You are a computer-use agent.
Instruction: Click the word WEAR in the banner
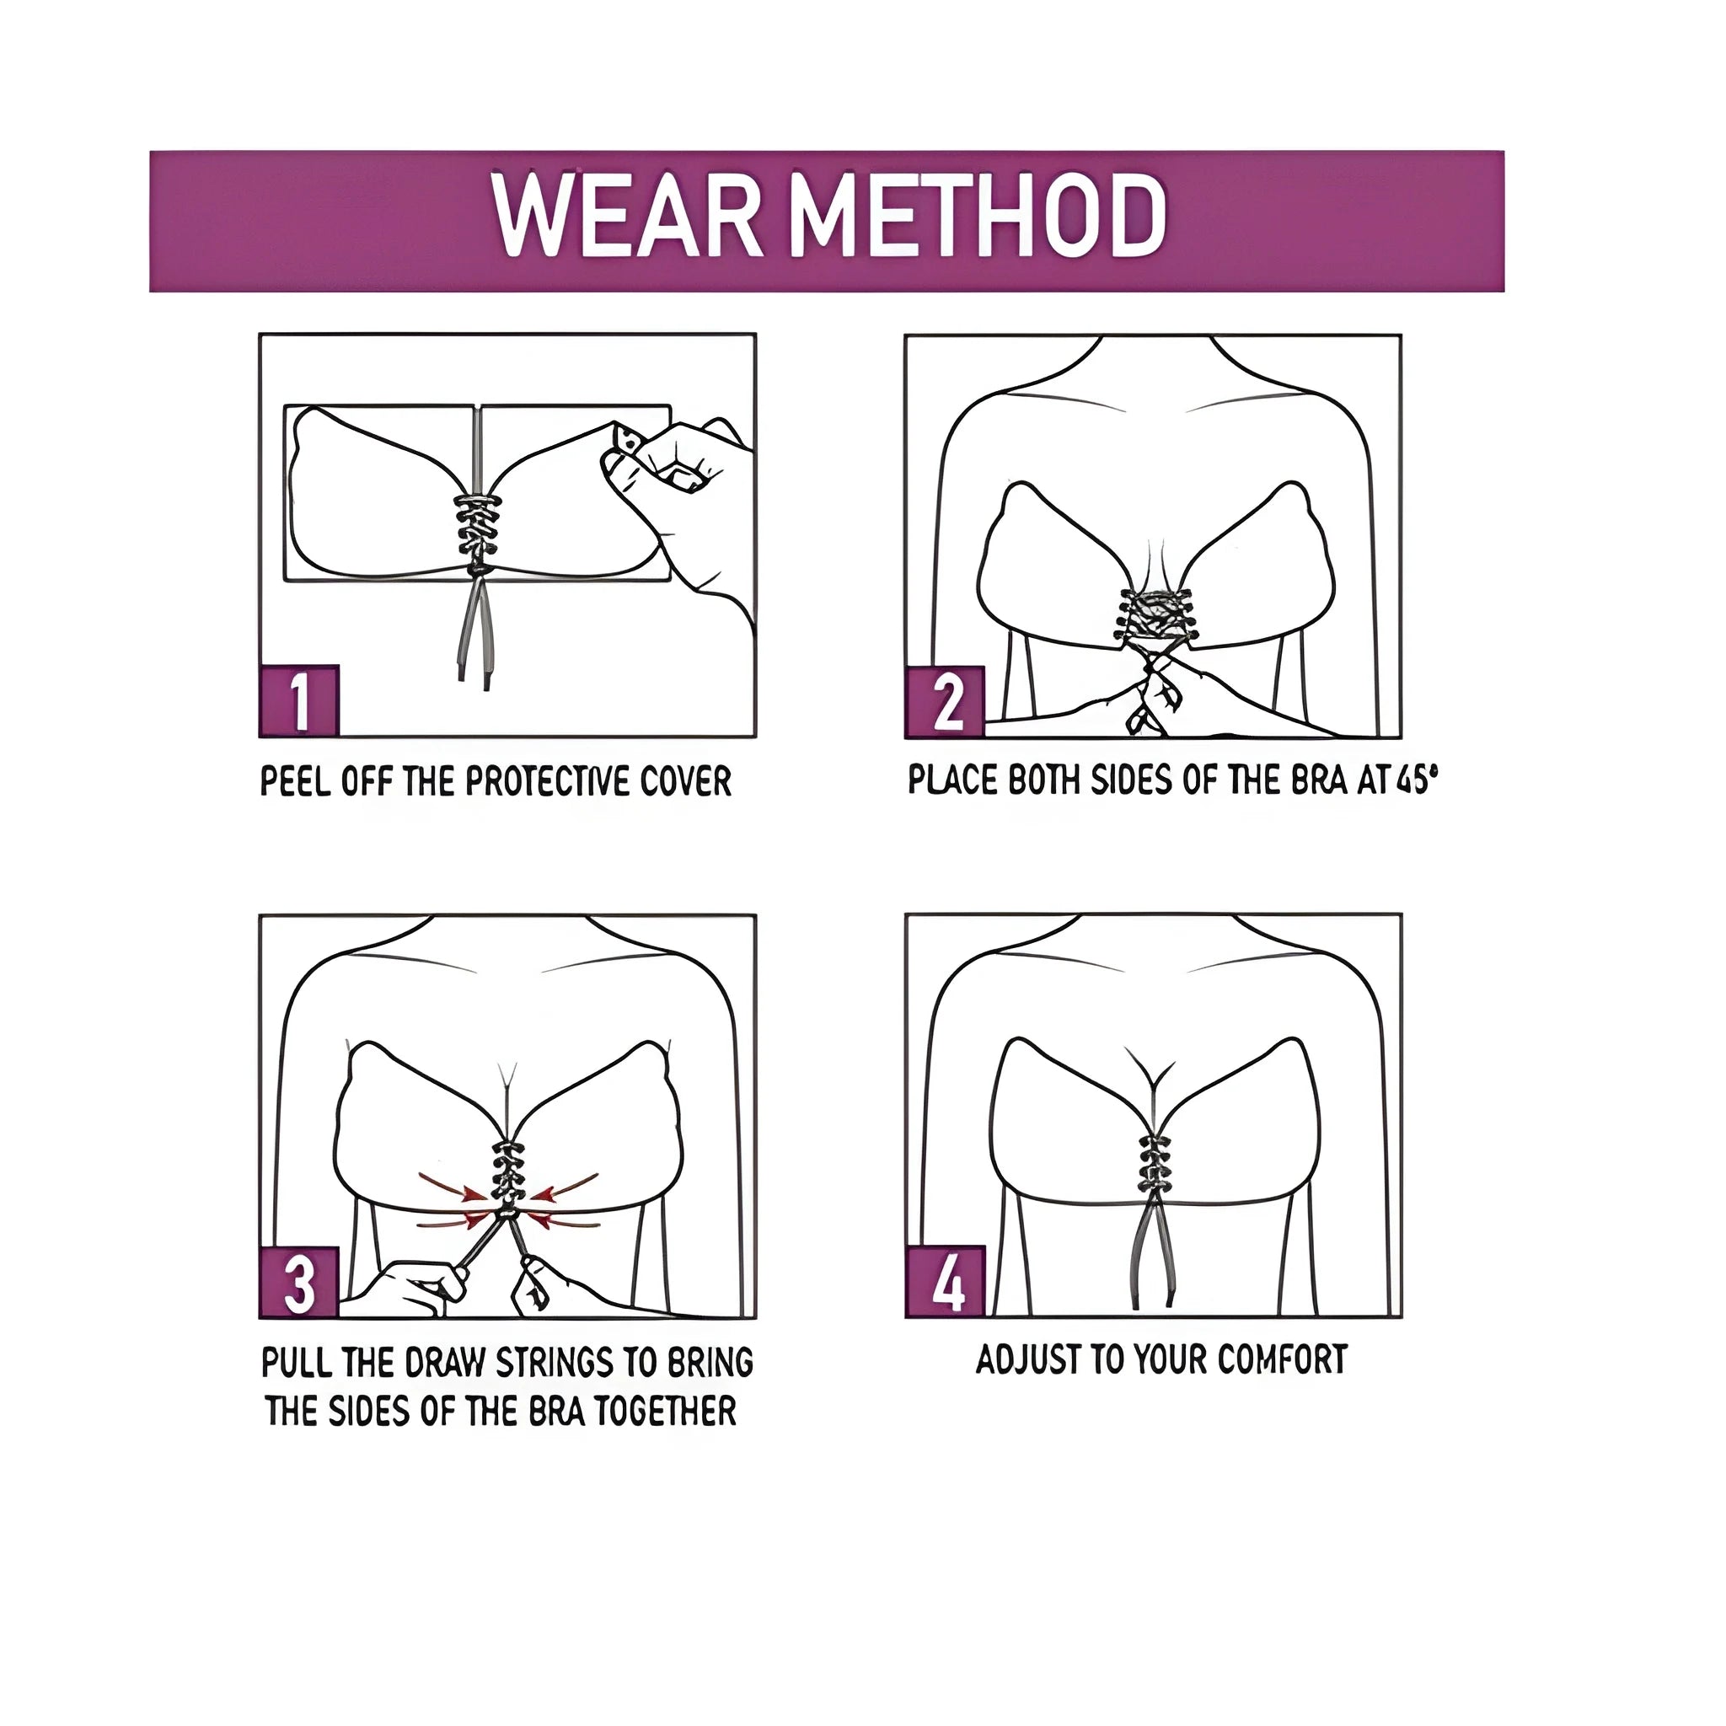pyautogui.click(x=626, y=217)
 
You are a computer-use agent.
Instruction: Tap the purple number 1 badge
pyautogui.click(x=299, y=701)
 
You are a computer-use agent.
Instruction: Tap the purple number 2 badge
pyautogui.click(x=946, y=702)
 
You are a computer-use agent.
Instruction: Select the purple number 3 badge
pyautogui.click(x=299, y=1283)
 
